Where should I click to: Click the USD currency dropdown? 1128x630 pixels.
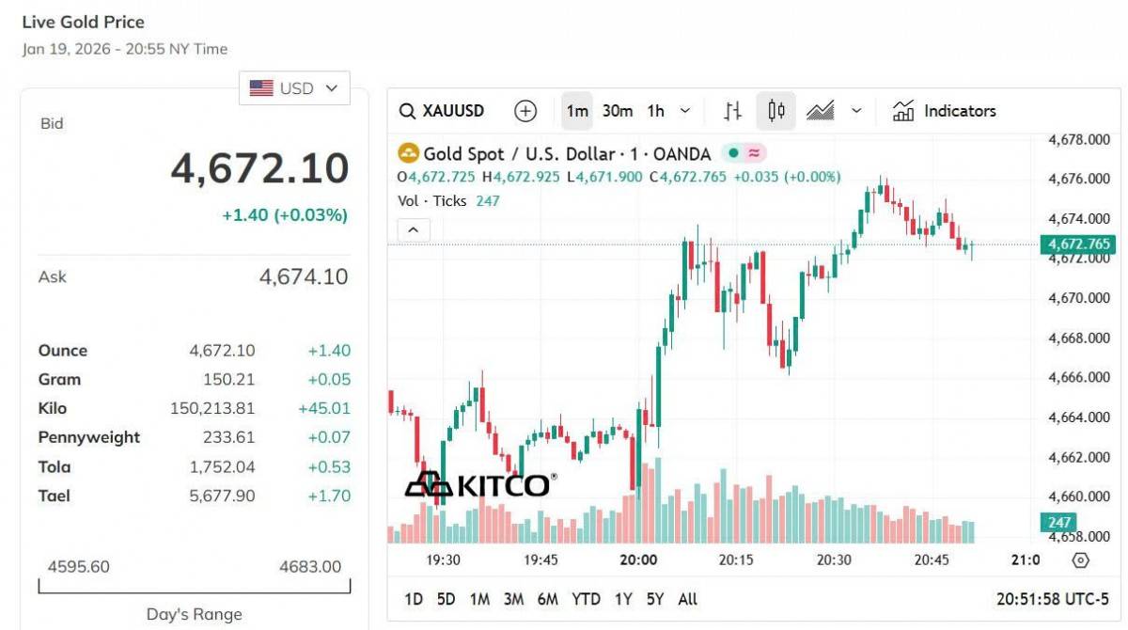[x=294, y=88]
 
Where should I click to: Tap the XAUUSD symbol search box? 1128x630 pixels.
[x=442, y=111]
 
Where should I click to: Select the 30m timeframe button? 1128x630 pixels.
[x=617, y=111]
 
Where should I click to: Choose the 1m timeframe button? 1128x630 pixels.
[x=577, y=111]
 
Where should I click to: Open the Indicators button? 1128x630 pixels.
[x=944, y=111]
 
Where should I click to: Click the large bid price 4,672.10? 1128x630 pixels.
[x=259, y=169]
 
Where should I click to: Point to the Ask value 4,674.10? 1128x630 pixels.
[x=303, y=276]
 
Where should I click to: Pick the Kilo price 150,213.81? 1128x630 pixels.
[x=212, y=408]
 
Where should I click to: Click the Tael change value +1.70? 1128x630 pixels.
[x=329, y=496]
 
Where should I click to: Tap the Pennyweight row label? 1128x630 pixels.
[x=88, y=437]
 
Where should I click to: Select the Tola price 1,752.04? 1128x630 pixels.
[x=222, y=467]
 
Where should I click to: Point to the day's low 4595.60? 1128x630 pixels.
[x=79, y=566]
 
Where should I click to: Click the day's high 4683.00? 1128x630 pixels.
[x=310, y=566]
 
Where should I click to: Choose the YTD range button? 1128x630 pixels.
[x=586, y=599]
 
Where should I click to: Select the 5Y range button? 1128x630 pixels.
[x=655, y=599]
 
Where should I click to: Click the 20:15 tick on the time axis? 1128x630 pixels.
[x=736, y=559]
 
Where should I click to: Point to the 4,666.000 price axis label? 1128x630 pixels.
[x=1079, y=378]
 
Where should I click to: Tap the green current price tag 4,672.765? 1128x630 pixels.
[x=1078, y=244]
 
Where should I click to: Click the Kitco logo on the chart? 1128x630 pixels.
[x=479, y=484]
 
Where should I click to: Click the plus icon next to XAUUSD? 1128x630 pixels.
[x=525, y=111]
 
